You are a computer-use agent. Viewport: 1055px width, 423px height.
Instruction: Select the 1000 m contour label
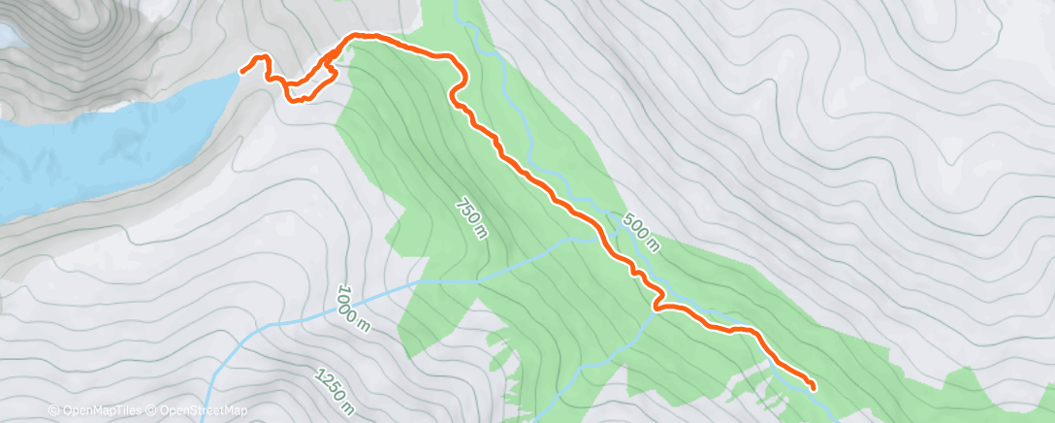pyautogui.click(x=355, y=307)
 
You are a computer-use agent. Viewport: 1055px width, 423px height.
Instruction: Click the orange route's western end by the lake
pyautogui.click(x=242, y=71)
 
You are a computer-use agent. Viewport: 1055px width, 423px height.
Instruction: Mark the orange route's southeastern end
pyautogui.click(x=812, y=388)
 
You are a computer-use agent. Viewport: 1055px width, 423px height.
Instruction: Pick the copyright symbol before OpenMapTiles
pyautogui.click(x=53, y=411)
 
